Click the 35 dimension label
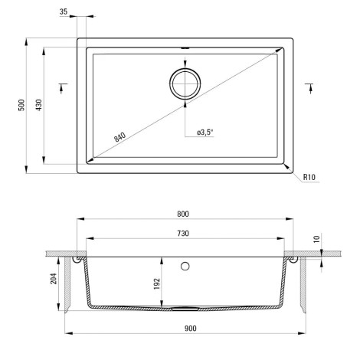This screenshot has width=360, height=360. (x=64, y=11)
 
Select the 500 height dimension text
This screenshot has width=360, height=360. (x=22, y=105)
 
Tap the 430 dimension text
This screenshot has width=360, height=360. (x=39, y=105)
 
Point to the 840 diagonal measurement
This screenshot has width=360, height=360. (x=119, y=137)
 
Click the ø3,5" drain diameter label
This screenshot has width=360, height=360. (x=205, y=133)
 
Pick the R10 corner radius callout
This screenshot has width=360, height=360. (x=309, y=177)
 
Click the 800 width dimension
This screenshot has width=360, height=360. (x=183, y=214)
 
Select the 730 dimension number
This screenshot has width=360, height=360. (x=183, y=233)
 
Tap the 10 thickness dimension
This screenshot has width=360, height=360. (x=316, y=239)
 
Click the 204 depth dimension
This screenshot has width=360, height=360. (x=54, y=279)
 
